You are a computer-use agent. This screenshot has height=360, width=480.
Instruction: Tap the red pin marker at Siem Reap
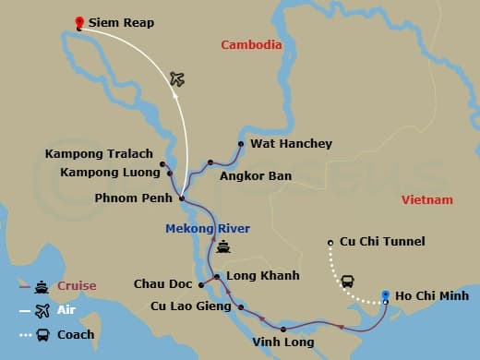click(x=79, y=22)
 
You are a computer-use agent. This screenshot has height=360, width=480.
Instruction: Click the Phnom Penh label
click(x=135, y=198)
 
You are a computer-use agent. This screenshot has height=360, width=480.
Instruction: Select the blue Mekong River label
click(x=208, y=228)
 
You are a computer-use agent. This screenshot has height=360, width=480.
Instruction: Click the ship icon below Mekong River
click(x=223, y=246)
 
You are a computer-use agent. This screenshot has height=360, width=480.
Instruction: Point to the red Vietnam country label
click(x=427, y=200)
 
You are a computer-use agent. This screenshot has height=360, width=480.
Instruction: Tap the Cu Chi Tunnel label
click(x=382, y=242)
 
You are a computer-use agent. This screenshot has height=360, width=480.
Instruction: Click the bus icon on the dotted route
click(x=348, y=281)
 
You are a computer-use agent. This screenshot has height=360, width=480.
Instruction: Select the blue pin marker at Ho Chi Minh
click(x=386, y=295)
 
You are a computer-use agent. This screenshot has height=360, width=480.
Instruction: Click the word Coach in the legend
click(x=76, y=334)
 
